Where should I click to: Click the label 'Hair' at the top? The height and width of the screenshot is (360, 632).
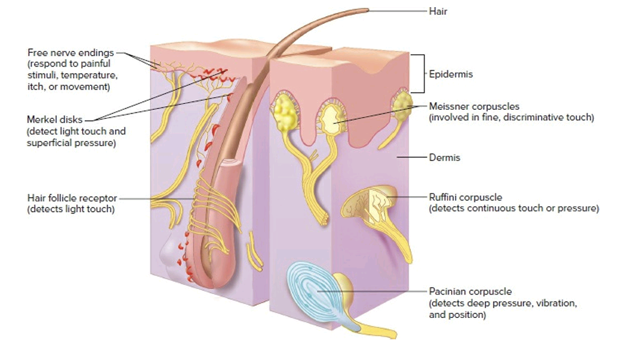coord(438,11)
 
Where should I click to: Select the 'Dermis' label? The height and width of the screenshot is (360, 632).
coord(445,157)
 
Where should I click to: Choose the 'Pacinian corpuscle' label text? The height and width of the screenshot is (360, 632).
coord(470,291)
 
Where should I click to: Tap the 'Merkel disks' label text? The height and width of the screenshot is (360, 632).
coord(55,120)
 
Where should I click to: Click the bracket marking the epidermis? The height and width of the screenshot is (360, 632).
coord(423,74)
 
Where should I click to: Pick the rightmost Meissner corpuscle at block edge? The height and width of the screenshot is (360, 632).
coord(402,106)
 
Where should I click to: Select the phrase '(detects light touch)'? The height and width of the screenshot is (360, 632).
coord(70,209)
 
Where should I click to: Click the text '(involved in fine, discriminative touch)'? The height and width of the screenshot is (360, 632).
coord(511,118)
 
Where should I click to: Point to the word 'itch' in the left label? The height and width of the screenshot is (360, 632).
coord(36,87)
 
